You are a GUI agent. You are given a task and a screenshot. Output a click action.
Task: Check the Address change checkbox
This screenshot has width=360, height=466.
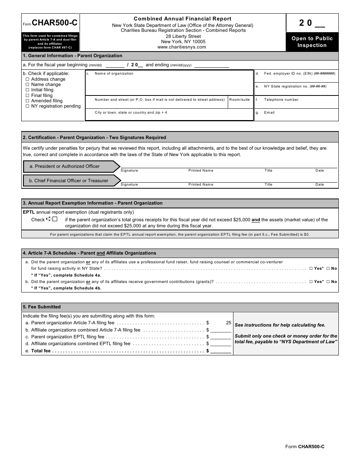(27, 79)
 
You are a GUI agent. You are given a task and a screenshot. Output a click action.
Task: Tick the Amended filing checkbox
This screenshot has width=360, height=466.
(27, 101)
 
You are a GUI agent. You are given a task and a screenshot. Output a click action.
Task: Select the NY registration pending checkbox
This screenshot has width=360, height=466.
(27, 106)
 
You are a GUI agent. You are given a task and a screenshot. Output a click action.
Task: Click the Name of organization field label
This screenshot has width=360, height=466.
(114, 73)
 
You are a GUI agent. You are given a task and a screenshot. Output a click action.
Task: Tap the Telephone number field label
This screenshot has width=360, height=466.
(281, 100)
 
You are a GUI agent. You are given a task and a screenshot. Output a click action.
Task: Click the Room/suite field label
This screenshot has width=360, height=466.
(239, 100)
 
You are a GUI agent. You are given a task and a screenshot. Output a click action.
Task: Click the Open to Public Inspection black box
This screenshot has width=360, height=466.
(312, 42)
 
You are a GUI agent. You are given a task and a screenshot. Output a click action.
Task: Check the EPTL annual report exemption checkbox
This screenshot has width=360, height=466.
(55, 219)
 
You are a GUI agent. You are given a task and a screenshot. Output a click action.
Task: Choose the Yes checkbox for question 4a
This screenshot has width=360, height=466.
(311, 269)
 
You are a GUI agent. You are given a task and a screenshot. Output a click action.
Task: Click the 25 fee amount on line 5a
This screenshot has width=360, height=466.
(228, 323)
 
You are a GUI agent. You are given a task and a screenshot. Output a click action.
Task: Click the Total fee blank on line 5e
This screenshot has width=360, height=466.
(221, 351)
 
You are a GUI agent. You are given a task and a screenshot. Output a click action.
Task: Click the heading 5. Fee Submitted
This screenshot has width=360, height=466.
(42, 307)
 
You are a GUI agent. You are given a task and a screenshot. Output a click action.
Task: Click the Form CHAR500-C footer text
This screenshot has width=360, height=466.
(305, 447)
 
